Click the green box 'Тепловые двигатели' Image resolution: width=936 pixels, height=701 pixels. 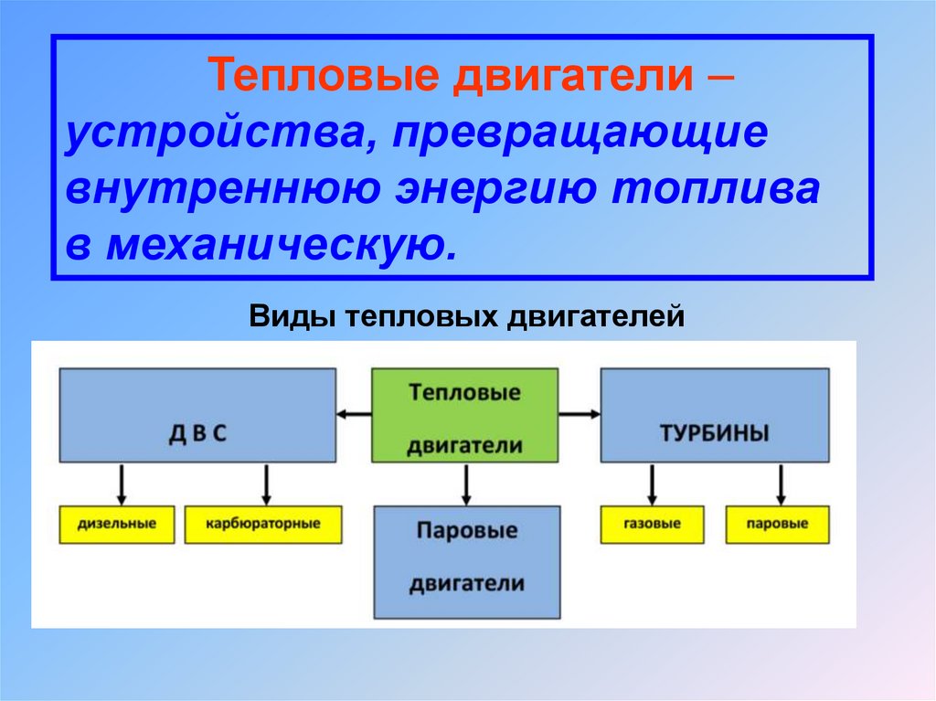point(464,416)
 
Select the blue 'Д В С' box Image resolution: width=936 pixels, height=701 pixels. point(197,416)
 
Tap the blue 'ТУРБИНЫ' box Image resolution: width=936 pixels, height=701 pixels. point(714,416)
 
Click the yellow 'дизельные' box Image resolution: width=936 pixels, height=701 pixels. point(117,525)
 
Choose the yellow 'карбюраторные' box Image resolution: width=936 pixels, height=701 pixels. point(263,525)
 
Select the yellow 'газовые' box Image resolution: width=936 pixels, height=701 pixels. point(653,525)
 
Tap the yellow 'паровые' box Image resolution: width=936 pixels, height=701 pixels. point(778,525)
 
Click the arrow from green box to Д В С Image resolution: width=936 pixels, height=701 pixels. point(354,415)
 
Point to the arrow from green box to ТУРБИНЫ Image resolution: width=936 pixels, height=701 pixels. point(580,415)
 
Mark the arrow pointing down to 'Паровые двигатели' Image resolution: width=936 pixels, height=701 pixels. point(466,484)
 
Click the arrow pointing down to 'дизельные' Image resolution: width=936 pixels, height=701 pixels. point(121,484)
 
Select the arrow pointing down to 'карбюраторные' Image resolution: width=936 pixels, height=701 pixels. point(267,484)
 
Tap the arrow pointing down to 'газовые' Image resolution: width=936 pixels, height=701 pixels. point(652,484)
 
